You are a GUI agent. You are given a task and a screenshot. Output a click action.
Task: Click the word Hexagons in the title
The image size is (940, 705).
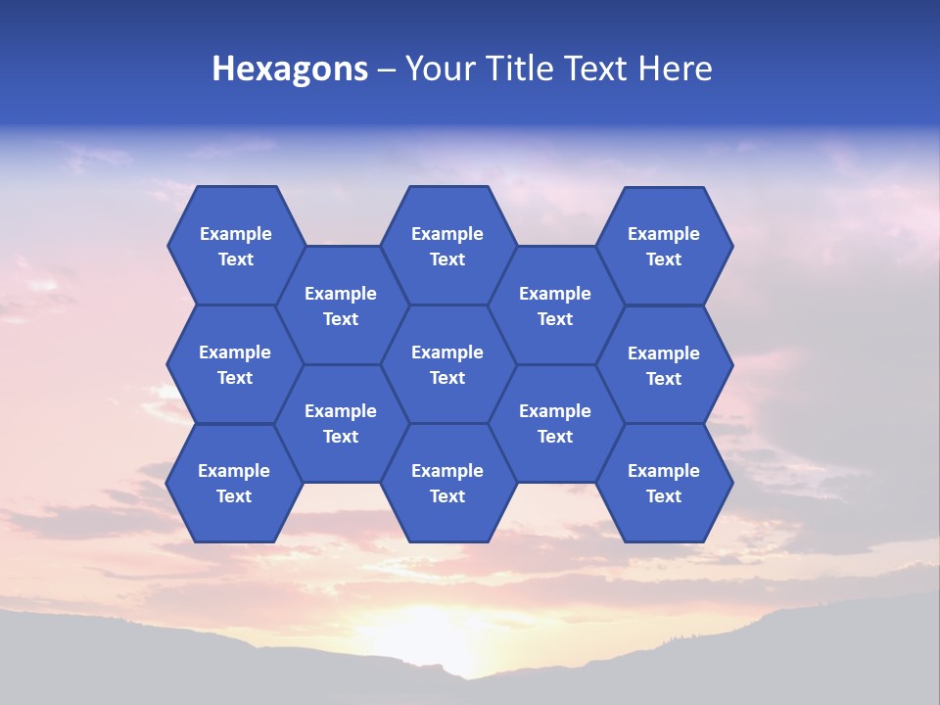click(290, 69)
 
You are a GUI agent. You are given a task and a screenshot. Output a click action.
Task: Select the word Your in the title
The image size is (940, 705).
click(439, 69)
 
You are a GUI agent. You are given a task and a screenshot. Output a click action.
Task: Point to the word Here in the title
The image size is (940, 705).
click(676, 69)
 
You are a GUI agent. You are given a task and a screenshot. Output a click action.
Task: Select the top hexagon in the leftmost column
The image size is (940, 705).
click(235, 246)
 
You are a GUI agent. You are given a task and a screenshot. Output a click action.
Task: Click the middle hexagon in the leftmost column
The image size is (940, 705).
click(235, 364)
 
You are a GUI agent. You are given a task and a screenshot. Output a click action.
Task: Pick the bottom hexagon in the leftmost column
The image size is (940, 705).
click(234, 483)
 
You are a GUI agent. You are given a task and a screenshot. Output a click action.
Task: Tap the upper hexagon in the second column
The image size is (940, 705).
click(341, 305)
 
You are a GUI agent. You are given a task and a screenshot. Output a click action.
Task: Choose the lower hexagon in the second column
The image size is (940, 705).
click(341, 423)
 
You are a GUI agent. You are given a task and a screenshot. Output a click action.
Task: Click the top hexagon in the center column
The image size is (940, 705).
click(447, 246)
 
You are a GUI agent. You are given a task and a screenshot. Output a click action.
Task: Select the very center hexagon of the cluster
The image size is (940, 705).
click(447, 364)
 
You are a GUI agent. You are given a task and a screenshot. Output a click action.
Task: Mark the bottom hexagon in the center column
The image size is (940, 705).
click(447, 483)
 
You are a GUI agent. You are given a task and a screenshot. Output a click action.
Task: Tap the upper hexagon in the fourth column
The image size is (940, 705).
click(555, 305)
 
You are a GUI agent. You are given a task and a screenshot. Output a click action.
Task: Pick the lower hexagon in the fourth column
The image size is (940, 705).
click(555, 423)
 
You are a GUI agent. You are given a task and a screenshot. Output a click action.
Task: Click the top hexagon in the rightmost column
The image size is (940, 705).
click(664, 246)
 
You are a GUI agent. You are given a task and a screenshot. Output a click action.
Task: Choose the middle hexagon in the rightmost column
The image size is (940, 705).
click(664, 365)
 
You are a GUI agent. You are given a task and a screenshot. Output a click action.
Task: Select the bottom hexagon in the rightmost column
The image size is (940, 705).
click(664, 483)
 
